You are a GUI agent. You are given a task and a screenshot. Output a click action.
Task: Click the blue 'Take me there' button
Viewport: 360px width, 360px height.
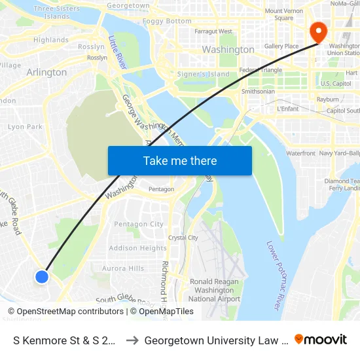point(179,160)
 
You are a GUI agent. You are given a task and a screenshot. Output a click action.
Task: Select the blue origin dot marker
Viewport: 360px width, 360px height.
point(42,277)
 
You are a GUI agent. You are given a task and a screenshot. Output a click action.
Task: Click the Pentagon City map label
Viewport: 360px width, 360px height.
point(139,224)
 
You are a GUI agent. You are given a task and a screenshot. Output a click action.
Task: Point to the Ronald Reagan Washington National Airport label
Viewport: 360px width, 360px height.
point(215,290)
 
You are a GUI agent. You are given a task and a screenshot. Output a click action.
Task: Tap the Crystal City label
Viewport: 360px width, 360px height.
point(183,238)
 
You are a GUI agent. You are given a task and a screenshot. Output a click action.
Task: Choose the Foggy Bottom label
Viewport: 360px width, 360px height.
point(167,21)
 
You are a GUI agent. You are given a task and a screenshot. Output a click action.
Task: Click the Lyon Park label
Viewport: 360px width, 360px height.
point(25,127)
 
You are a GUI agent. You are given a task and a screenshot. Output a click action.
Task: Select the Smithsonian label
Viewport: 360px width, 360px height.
point(258,92)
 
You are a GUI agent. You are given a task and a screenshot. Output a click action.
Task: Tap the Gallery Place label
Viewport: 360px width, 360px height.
point(281,46)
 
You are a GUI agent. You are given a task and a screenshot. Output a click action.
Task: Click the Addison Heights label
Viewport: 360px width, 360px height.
point(137,248)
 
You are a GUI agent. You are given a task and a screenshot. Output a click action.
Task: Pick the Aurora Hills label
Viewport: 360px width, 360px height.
point(123,268)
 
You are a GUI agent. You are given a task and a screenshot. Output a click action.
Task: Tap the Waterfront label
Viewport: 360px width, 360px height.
point(300,153)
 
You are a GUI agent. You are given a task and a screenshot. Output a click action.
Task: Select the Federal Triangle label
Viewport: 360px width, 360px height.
point(261,70)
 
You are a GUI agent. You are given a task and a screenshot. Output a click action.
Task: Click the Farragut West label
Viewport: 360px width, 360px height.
point(213,31)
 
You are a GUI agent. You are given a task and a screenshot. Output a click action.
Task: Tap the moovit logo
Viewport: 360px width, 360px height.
point(321,339)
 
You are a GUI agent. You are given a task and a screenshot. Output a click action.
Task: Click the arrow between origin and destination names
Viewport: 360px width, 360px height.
point(132,340)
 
